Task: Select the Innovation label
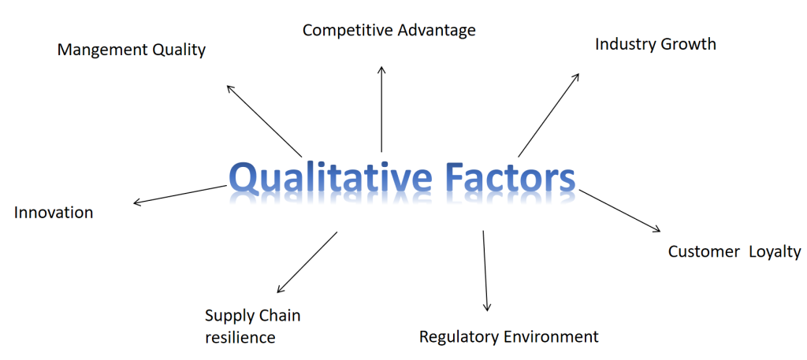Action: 54,213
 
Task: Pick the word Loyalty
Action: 775,252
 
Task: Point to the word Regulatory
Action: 458,337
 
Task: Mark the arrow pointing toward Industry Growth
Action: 549,115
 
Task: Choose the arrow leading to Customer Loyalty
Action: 620,210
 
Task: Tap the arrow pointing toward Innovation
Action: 180,195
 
